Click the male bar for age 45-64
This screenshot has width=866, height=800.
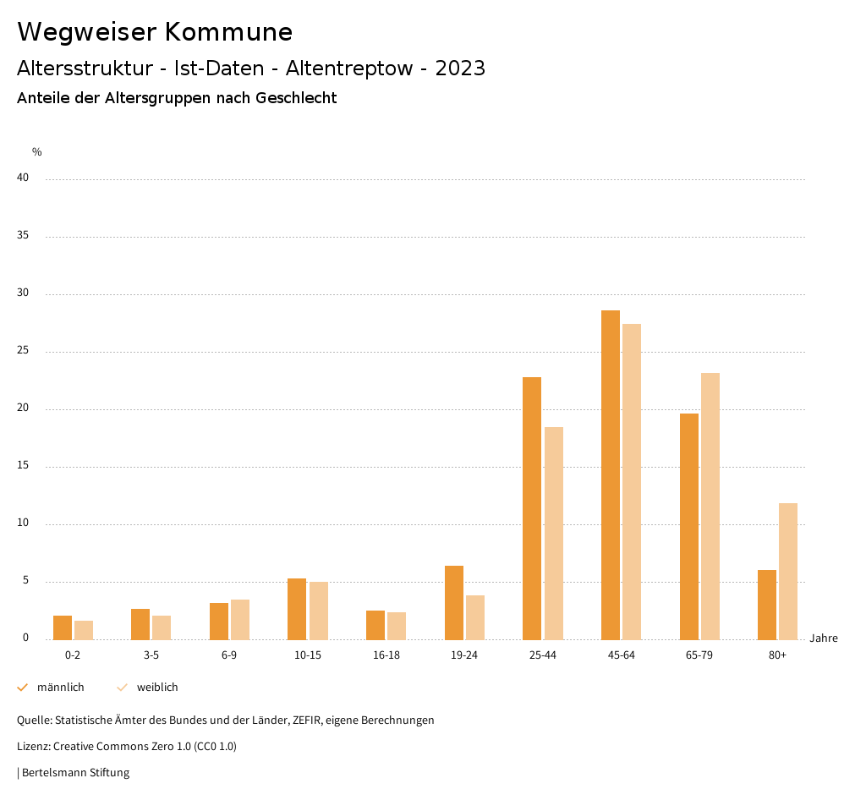pyautogui.click(x=611, y=474)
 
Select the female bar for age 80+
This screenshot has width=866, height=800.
pyautogui.click(x=788, y=571)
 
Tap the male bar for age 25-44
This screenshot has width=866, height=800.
pyautogui.click(x=532, y=507)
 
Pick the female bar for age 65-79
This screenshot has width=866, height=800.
pyautogui.click(x=710, y=506)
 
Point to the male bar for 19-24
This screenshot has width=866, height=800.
pyautogui.click(x=454, y=602)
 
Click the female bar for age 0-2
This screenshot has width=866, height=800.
pyautogui.click(x=84, y=630)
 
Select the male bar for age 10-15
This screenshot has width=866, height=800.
pyautogui.click(x=297, y=609)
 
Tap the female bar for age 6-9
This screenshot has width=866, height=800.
pyautogui.click(x=240, y=619)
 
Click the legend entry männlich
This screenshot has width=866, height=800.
pyautogui.click(x=60, y=688)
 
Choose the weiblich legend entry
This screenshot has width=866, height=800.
pyautogui.click(x=157, y=688)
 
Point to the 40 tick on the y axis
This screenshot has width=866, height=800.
pyautogui.click(x=23, y=178)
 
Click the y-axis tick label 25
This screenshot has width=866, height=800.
pyautogui.click(x=23, y=351)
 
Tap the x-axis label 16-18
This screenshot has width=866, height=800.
pyautogui.click(x=386, y=655)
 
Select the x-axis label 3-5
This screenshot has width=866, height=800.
pyautogui.click(x=151, y=655)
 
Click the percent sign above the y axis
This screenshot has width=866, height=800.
pyautogui.click(x=37, y=152)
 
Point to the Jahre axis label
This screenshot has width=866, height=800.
pyautogui.click(x=824, y=638)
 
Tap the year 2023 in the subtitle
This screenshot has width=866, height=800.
pyautogui.click(x=460, y=68)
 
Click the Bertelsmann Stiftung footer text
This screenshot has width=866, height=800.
pyautogui.click(x=75, y=773)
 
